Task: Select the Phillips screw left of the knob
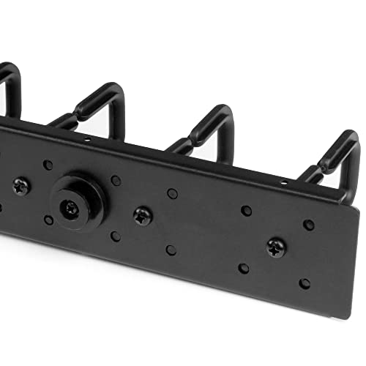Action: click(22, 187)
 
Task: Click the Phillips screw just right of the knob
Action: click(142, 214)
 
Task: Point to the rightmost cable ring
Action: click(333, 165)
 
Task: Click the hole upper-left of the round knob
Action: click(48, 165)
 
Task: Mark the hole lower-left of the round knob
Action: click(48, 220)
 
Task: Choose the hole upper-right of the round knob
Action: click(116, 179)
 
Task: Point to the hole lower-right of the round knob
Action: click(116, 236)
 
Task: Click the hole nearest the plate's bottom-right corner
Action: click(305, 283)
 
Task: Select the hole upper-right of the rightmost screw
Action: click(309, 225)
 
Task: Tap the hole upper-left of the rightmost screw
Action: click(247, 210)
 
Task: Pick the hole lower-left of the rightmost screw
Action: click(243, 268)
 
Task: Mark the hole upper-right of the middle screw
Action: click(172, 193)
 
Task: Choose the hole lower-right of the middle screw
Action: click(171, 250)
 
